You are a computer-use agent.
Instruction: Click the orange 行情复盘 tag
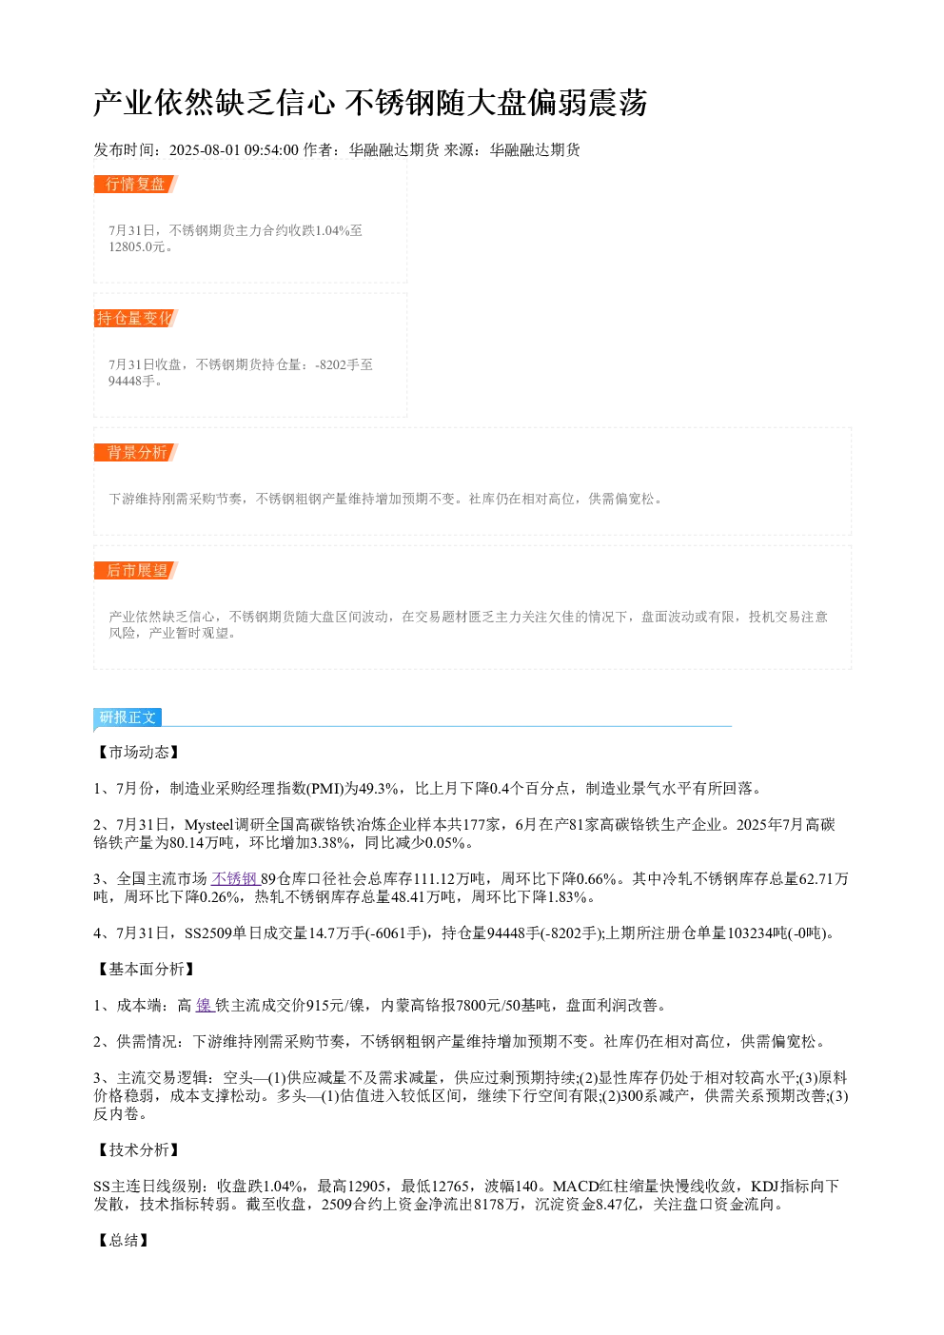pos(135,185)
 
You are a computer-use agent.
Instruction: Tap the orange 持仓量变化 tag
pos(135,318)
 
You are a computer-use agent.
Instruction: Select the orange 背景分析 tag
pos(135,452)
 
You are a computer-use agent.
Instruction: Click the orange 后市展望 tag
pos(135,570)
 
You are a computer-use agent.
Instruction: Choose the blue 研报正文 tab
pos(128,717)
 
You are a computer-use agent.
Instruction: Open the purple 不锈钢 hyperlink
pos(235,879)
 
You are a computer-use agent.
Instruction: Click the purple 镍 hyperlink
pos(205,1006)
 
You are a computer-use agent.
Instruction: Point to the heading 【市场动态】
pos(138,752)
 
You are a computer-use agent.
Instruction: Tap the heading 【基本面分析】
pos(146,969)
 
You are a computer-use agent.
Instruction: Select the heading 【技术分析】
pos(138,1149)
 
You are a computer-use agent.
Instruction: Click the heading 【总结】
pos(123,1240)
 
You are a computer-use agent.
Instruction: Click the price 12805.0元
pos(136,246)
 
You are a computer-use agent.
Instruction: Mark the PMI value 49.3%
pos(379,789)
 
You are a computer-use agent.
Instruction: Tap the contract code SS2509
pos(208,933)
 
